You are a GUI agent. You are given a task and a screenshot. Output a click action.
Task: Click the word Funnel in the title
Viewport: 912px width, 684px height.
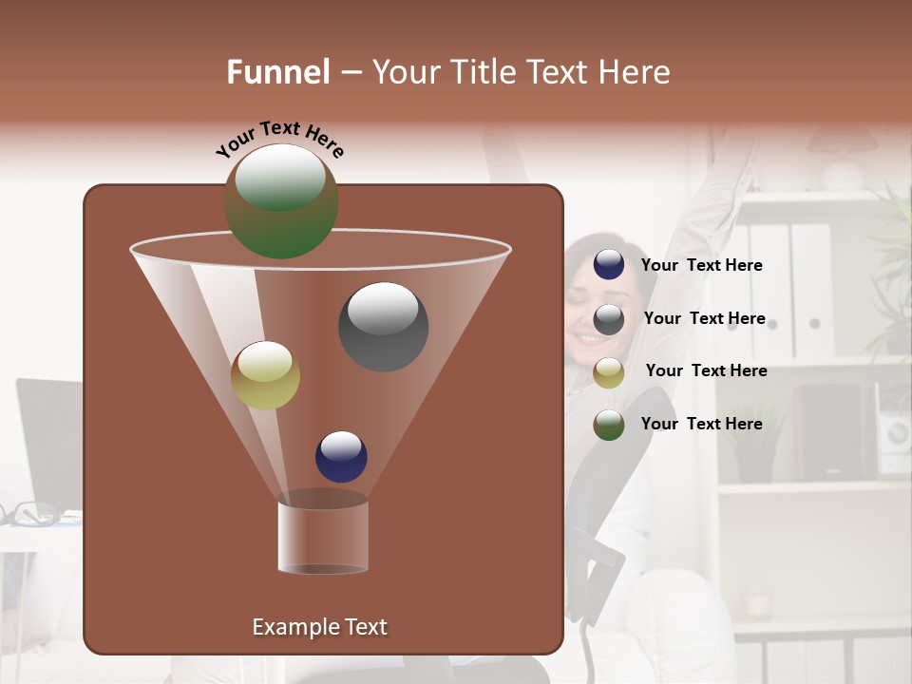[278, 72]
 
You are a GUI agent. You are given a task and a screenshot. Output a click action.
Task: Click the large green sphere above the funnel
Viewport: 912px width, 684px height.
[281, 201]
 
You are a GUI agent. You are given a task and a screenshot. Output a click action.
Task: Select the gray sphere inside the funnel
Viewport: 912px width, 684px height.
[383, 327]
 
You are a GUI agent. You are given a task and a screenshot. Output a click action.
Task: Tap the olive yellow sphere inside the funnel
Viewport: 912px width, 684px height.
[265, 375]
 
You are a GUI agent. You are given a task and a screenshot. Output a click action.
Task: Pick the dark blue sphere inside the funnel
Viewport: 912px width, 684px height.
[341, 456]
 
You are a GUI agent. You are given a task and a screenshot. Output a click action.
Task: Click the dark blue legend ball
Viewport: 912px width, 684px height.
[609, 265]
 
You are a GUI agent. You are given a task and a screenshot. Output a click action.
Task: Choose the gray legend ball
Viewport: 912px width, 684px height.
[609, 319]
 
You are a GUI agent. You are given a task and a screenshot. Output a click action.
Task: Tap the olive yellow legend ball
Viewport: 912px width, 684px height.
[609, 372]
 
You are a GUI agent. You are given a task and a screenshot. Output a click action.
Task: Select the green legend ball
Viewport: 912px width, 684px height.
[609, 425]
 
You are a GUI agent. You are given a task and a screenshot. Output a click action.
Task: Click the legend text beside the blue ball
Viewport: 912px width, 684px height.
[702, 265]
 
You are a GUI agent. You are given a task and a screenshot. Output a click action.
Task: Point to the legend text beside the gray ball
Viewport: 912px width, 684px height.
[704, 318]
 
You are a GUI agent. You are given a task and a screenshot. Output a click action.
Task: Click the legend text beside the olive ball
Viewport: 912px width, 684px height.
[706, 370]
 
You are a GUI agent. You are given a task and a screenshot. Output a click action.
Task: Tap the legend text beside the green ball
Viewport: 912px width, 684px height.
[702, 424]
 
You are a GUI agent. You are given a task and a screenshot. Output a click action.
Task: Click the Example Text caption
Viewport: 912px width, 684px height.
[320, 627]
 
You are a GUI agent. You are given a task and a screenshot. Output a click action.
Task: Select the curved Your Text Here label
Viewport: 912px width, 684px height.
[280, 138]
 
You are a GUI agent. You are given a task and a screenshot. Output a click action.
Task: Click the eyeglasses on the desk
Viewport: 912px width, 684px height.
[28, 515]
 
